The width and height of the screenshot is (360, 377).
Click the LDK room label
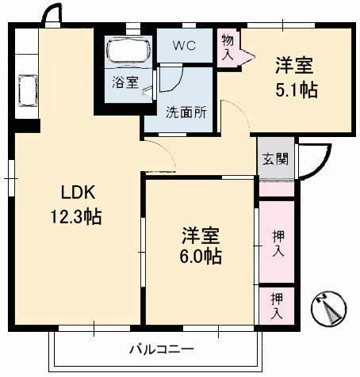point(77,192)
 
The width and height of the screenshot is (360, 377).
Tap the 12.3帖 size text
point(77,215)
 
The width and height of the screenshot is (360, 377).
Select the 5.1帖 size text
point(297,89)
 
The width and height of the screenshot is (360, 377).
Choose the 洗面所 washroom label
point(186,112)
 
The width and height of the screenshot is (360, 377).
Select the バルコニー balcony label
point(162,348)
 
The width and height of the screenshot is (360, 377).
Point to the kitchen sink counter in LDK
point(25,89)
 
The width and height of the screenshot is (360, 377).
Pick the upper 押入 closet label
point(278,243)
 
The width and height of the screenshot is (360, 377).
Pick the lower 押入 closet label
point(278,305)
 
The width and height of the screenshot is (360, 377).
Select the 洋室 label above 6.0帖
point(200,234)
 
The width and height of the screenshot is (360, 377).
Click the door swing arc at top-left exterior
point(52,13)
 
